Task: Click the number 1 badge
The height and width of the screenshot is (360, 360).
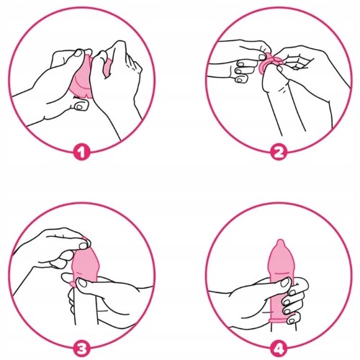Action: click(x=81, y=152)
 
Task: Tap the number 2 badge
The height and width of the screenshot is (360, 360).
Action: click(x=278, y=152)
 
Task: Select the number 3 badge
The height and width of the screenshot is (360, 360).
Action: click(x=81, y=348)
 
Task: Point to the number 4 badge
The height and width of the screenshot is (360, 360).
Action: click(x=278, y=348)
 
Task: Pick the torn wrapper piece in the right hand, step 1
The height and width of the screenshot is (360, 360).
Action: click(x=108, y=68)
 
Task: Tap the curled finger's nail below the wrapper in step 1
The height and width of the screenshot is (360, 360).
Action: click(x=78, y=106)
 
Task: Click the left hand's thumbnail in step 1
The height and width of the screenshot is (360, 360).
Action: click(x=78, y=53)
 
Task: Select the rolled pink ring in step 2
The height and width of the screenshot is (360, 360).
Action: click(x=271, y=63)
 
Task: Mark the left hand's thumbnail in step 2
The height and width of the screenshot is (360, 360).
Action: click(x=262, y=57)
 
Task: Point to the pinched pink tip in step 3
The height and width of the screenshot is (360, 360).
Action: click(x=85, y=240)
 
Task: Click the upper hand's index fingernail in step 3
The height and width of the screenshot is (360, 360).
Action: click(x=83, y=246)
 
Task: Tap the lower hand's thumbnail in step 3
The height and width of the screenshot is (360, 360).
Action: click(x=82, y=282)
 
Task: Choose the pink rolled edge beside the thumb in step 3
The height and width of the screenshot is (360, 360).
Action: click(x=72, y=284)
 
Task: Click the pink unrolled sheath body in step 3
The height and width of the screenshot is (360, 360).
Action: click(x=85, y=264)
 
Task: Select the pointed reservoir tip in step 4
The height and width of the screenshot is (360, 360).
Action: click(x=280, y=243)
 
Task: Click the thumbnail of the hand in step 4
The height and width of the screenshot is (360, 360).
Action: click(x=285, y=282)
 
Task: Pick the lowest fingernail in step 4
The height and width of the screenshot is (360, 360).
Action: click(x=291, y=320)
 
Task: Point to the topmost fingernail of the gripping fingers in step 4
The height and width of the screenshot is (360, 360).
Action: click(x=292, y=293)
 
